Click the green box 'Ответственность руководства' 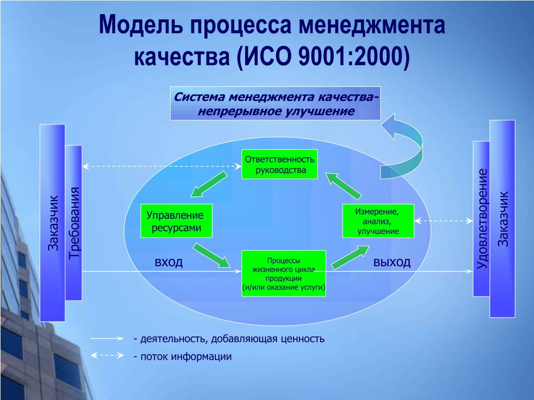(280, 164)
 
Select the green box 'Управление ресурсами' (176, 221)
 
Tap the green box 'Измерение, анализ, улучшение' (378, 221)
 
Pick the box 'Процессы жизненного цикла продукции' (284, 273)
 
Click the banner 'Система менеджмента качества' (275, 104)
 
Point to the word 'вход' (168, 262)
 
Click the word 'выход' (392, 262)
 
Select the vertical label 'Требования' (74, 223)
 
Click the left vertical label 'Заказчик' (53, 223)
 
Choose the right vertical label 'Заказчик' (503, 219)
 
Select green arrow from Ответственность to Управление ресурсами (209, 184)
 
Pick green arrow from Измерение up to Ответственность (343, 186)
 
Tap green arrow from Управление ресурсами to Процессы (212, 255)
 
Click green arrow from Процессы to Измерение (350, 257)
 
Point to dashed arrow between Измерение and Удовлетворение (444, 221)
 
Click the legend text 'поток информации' (186, 356)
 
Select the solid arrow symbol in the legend (107, 339)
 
